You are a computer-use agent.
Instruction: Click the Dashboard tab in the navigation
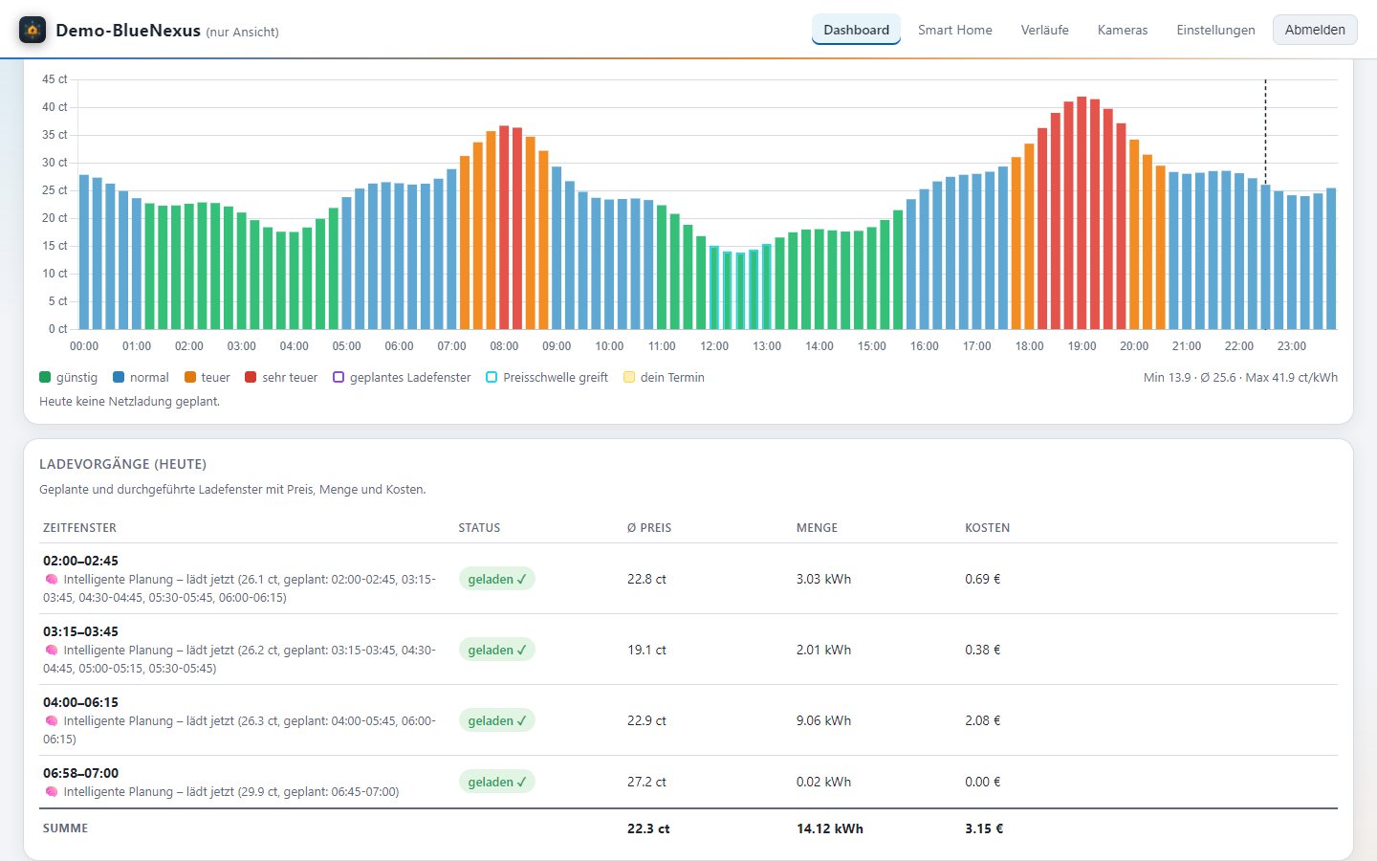[856, 30]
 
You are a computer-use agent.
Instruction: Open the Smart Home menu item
[954, 30]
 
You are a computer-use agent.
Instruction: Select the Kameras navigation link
[1122, 30]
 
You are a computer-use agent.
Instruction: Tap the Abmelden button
[1314, 30]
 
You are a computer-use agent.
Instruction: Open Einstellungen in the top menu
[1215, 30]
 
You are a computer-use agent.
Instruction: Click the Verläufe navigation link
[1044, 30]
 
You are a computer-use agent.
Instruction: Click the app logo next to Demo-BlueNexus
[33, 30]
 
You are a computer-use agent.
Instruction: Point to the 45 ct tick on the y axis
[55, 79]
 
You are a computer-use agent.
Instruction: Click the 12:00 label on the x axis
[713, 346]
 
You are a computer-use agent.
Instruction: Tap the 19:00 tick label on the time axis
[1082, 346]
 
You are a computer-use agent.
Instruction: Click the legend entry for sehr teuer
[281, 377]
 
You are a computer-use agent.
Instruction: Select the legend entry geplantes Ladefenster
[402, 377]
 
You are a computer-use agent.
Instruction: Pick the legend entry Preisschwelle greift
[547, 377]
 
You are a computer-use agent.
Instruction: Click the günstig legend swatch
[45, 377]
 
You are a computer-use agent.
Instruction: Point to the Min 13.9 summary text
[1167, 378]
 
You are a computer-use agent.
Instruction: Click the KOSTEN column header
[987, 528]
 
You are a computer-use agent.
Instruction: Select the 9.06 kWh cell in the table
[823, 720]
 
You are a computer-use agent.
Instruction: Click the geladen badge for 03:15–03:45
[496, 650]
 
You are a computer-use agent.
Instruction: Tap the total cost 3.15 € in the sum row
[984, 828]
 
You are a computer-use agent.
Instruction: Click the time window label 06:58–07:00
[80, 772]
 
